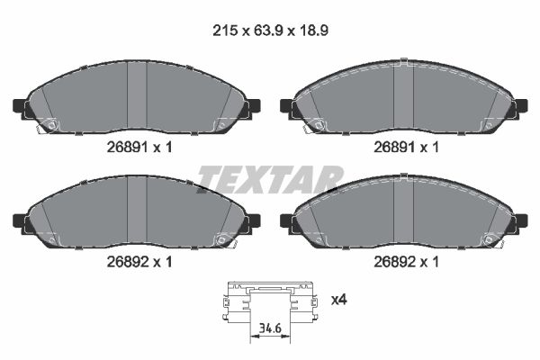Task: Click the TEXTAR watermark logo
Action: pos(270,180)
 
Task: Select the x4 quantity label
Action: pos(340,298)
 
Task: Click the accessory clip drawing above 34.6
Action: pos(270,301)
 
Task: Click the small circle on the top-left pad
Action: pos(50,125)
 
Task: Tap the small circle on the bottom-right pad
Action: pos(490,239)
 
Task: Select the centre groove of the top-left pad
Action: pos(137,99)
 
